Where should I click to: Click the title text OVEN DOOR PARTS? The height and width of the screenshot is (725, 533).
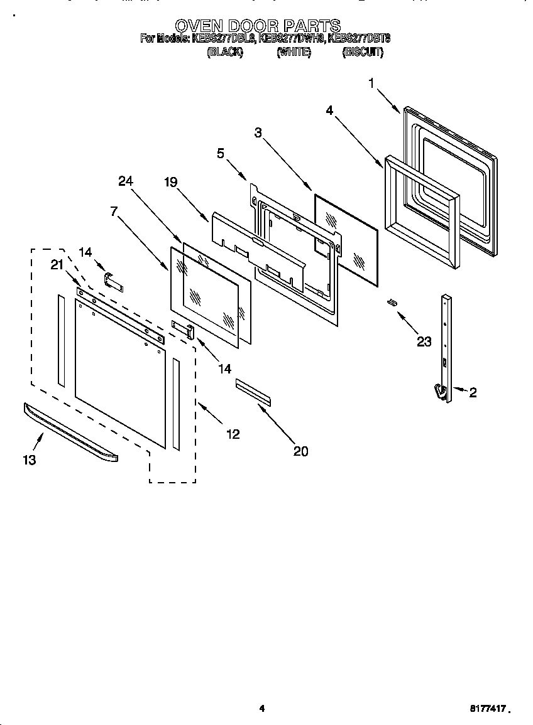pos(257,26)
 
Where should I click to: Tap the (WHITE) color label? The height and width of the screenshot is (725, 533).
pos(294,53)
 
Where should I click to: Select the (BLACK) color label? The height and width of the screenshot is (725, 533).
pos(224,53)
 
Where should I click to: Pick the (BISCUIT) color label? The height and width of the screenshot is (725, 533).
pos(363,53)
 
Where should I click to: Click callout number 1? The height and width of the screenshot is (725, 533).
pos(371,83)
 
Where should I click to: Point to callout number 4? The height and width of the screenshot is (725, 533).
pos(329,110)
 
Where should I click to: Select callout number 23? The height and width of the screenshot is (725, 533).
pos(424,341)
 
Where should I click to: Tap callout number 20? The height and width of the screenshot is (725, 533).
pos(301,451)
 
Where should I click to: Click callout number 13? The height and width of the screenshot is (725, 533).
pos(29,459)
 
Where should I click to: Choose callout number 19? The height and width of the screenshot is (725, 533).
pos(171,183)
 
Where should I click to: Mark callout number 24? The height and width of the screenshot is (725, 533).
pos(126,181)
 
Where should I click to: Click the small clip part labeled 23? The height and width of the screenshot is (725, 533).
pos(392,303)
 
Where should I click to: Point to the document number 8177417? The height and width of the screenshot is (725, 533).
pos(488,708)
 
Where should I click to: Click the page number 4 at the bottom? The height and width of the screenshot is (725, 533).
pos(262,709)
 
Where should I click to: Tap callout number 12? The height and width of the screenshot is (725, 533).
pos(233,434)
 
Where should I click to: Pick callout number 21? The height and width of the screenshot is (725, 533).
pos(58,266)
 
